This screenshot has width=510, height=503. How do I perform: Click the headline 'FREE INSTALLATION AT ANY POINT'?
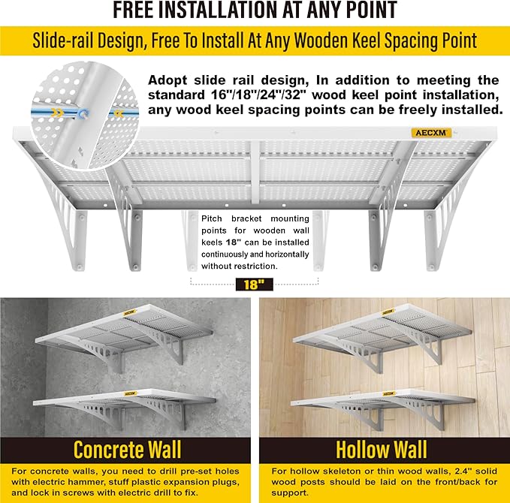pyautogui.click(x=255, y=11)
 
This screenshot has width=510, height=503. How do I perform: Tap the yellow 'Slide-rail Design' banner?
pyautogui.click(x=255, y=40)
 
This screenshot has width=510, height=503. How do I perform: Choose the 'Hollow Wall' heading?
pyautogui.click(x=382, y=450)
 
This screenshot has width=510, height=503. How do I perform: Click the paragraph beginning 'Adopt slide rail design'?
pyautogui.click(x=323, y=95)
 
